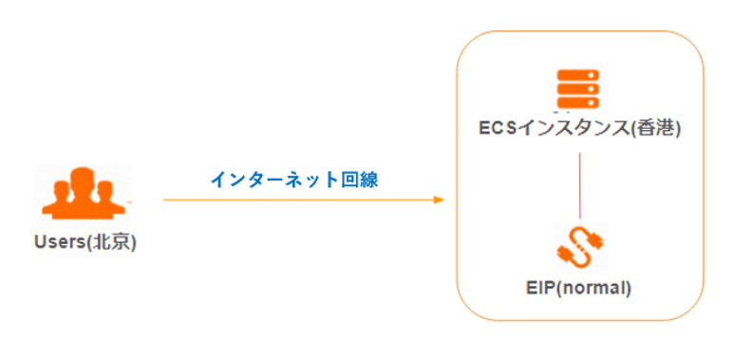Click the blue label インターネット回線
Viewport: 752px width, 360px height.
tap(293, 179)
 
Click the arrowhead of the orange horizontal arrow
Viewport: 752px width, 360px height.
tap(439, 199)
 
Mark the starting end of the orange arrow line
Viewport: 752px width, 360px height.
tap(165, 199)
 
